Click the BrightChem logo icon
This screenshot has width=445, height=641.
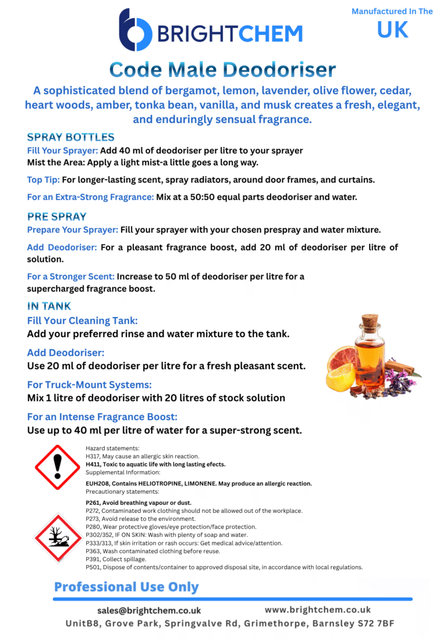click(x=135, y=30)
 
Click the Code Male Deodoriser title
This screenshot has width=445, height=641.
click(x=222, y=70)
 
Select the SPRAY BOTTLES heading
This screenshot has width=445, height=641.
click(x=71, y=137)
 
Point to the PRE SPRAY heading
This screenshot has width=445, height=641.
click(x=57, y=217)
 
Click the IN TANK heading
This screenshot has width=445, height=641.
click(x=49, y=306)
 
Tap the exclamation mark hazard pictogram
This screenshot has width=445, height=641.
click(x=57, y=467)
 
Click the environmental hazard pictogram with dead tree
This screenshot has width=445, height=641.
click(x=57, y=537)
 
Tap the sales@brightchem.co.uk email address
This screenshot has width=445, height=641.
click(x=149, y=610)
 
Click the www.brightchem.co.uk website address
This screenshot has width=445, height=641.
click(x=318, y=610)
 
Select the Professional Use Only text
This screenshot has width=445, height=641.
click(x=126, y=587)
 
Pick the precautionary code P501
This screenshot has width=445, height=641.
click(x=93, y=567)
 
